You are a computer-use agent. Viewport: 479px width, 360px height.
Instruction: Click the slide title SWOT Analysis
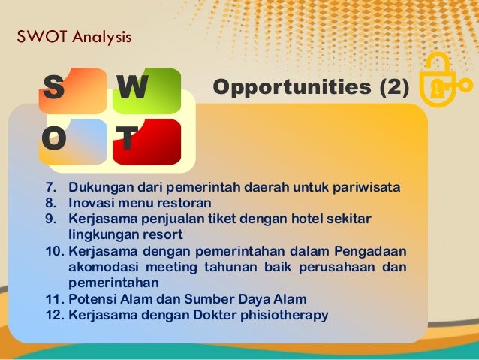[x=74, y=35]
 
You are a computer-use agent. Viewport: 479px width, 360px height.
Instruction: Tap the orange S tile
[x=73, y=91]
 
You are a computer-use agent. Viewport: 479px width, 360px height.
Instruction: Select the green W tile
[x=147, y=91]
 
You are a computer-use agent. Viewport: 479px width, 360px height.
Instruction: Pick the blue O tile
[x=73, y=141]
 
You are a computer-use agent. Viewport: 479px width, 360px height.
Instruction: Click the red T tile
[x=147, y=141]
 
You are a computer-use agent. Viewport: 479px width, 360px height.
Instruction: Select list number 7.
[x=52, y=187]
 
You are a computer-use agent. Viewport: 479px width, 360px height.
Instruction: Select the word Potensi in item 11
[x=93, y=299]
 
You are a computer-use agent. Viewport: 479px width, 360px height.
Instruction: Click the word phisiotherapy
[x=282, y=315]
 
